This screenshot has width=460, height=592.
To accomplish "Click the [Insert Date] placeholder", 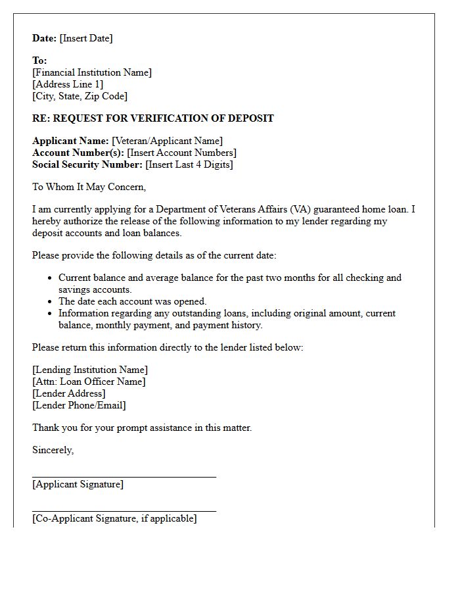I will (x=86, y=38).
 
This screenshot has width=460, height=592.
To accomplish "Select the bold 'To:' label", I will (x=39, y=61).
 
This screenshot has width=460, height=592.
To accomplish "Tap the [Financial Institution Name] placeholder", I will (x=92, y=72).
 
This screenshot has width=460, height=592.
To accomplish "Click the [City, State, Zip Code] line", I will (x=80, y=96).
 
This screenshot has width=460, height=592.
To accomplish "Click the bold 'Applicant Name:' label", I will (x=70, y=141).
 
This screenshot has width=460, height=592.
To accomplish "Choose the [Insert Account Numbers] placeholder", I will (x=181, y=153).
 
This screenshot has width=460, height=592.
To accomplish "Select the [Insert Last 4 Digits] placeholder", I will (x=189, y=164).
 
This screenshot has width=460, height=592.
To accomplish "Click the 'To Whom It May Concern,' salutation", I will (x=89, y=187).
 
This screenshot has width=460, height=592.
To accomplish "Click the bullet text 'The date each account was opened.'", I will (x=133, y=301).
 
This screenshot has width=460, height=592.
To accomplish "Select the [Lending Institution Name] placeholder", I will (x=90, y=370).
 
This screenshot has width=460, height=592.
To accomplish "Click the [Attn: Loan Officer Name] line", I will (x=89, y=382).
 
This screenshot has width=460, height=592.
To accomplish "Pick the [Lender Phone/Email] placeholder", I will (x=79, y=405).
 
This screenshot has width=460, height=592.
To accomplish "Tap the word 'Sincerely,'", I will (x=53, y=450).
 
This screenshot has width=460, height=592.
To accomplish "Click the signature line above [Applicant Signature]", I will (x=124, y=477).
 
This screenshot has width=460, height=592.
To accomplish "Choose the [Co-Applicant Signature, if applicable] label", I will (x=114, y=518).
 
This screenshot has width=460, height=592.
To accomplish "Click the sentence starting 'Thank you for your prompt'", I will (x=142, y=428).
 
